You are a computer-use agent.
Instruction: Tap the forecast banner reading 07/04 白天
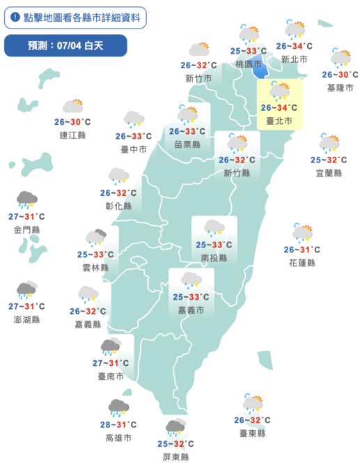(x=65, y=46)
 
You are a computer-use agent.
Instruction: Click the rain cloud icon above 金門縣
(x=27, y=200)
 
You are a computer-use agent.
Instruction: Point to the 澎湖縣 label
(x=27, y=319)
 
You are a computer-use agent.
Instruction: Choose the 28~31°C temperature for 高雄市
(x=118, y=424)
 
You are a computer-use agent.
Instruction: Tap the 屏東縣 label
(x=175, y=457)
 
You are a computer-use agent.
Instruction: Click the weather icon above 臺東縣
(x=252, y=404)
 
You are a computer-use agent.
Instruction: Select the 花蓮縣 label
(x=302, y=263)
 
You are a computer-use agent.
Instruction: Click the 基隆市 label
(x=340, y=88)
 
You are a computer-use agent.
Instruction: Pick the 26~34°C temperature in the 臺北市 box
(x=279, y=107)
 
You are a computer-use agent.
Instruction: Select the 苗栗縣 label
(x=187, y=144)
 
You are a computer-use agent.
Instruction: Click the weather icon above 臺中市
(x=134, y=119)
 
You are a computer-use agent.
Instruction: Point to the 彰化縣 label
(x=118, y=206)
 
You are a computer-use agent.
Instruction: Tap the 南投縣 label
(x=214, y=257)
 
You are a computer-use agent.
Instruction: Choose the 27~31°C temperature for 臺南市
(x=110, y=362)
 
